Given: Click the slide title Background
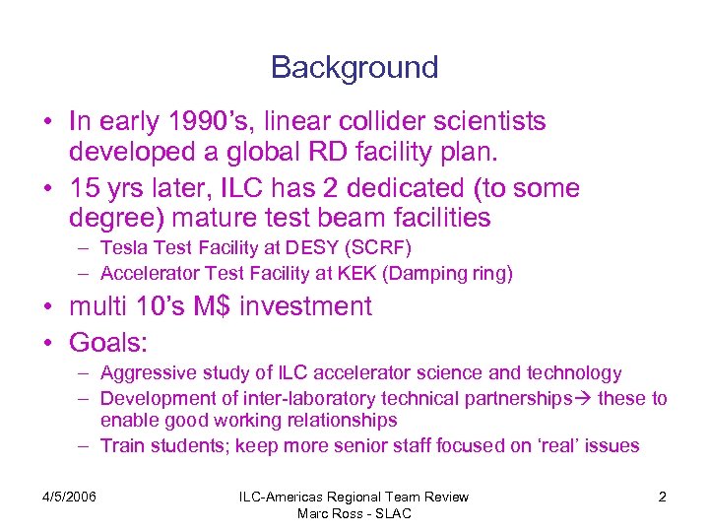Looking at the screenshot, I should tap(354, 68).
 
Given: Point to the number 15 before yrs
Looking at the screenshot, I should tap(85, 188).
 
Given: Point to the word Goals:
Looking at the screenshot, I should tap(108, 342).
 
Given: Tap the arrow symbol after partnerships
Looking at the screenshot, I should tap(584, 398).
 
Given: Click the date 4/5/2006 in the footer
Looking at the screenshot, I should tap(70, 497).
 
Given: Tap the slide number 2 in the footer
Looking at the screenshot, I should tap(662, 497).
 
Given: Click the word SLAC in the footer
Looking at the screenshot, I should tap(391, 513).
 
